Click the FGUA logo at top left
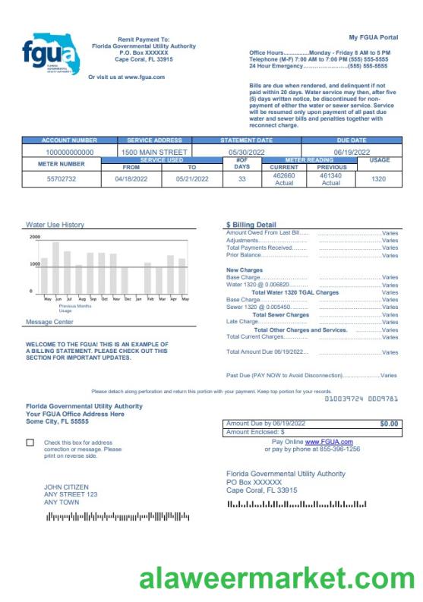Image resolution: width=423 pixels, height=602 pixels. (50, 53)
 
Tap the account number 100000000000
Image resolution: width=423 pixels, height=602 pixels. (70, 152)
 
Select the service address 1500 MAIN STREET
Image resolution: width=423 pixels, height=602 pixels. (154, 152)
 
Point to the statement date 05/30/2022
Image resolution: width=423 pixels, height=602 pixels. (246, 152)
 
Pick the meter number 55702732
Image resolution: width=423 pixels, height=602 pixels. (62, 179)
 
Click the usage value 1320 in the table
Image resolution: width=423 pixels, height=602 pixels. (378, 179)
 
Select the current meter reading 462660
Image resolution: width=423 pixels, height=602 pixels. (284, 175)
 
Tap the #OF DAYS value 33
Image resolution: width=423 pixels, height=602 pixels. (241, 179)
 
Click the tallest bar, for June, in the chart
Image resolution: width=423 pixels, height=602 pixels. (55, 267)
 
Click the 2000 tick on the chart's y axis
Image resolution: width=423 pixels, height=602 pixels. (35, 237)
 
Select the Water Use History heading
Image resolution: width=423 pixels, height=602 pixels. (55, 225)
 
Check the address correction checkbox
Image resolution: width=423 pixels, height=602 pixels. (30, 442)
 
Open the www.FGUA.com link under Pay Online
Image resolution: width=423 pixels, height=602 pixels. (329, 442)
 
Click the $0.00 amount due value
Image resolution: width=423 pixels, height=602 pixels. (388, 423)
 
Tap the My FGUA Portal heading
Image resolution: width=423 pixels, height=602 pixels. (373, 37)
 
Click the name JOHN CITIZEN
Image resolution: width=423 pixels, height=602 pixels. (66, 487)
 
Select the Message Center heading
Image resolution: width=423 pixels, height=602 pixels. (49, 322)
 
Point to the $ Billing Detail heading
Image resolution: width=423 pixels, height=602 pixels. (251, 225)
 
